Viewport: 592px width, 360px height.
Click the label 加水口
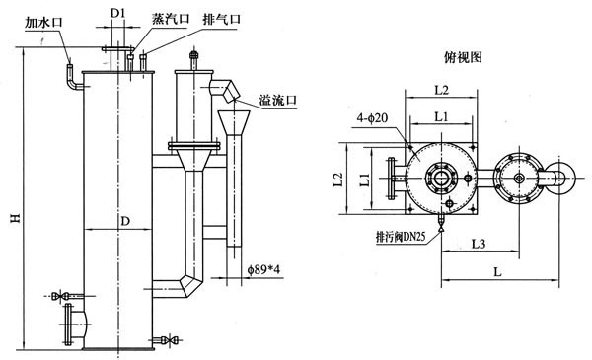[x=43, y=23]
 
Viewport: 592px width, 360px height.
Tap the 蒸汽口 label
[x=171, y=19]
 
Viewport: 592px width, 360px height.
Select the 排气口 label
[x=222, y=19]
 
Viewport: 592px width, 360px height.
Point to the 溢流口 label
[x=278, y=100]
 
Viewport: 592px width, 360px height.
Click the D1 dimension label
[x=117, y=13]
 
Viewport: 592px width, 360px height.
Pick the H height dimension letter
[x=15, y=217]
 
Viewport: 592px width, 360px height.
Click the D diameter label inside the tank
[x=125, y=221]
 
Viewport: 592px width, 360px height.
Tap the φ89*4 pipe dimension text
[x=263, y=270]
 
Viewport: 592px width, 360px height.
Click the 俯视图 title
[x=464, y=57]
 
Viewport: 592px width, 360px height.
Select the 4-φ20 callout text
[x=372, y=118]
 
